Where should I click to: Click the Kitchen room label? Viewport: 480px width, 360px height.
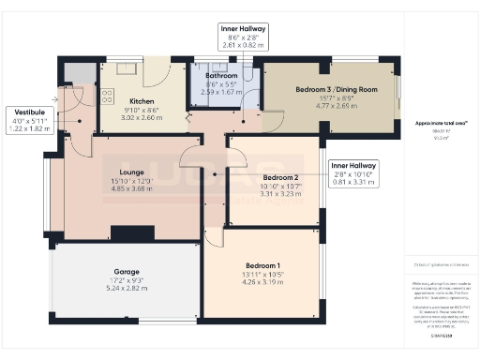click(142, 100)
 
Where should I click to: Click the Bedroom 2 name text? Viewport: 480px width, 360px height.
click(280, 177)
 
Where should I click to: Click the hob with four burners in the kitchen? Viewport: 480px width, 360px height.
click(108, 96)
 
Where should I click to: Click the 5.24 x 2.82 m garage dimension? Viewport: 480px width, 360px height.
click(127, 289)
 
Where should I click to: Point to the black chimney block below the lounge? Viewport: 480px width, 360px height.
click(126, 233)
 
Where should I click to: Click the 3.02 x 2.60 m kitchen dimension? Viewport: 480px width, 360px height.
click(142, 118)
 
